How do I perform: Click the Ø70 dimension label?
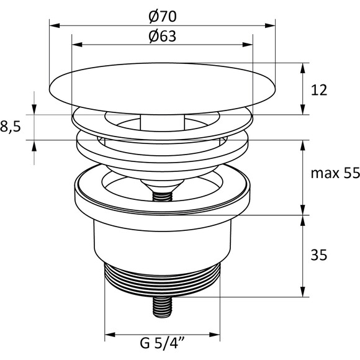163,17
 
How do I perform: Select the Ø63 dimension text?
163,36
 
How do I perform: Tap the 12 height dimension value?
318,90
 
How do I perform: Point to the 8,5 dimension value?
11,127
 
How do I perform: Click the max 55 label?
335,173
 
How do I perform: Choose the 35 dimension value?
318,255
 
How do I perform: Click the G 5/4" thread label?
163,343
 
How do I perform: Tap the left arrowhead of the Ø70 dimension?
55,25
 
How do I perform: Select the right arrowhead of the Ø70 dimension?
270,25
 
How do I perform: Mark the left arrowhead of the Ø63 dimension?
77,45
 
